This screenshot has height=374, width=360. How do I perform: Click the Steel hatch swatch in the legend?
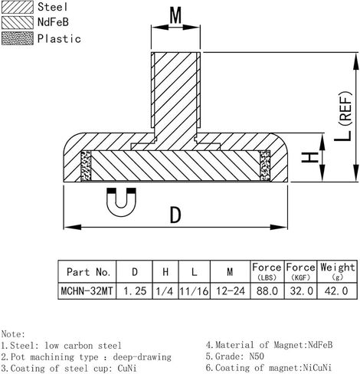(18, 7)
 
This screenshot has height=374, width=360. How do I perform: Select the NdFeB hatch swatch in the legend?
(18, 22)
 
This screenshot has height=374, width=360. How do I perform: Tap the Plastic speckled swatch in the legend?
(18, 38)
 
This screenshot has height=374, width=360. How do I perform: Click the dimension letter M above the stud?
(175, 15)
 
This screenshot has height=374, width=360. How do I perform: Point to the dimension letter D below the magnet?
(175, 215)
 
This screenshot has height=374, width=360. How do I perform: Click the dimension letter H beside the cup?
(310, 157)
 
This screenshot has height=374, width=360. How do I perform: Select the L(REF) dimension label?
(344, 116)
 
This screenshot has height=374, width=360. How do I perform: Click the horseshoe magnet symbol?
(121, 202)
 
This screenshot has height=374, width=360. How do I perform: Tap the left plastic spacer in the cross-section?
(86, 166)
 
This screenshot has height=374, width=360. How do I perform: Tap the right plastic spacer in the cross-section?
(265, 166)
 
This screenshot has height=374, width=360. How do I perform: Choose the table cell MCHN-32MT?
(87, 290)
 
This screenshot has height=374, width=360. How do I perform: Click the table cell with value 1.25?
(135, 290)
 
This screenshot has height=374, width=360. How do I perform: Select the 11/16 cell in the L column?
(195, 290)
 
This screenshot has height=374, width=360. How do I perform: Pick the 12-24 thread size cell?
(231, 290)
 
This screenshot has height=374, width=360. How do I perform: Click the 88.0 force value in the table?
(267, 290)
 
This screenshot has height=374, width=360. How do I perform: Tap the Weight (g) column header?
(337, 271)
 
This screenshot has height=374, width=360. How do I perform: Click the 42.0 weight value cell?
(337, 290)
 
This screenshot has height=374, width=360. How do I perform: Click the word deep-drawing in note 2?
(142, 357)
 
